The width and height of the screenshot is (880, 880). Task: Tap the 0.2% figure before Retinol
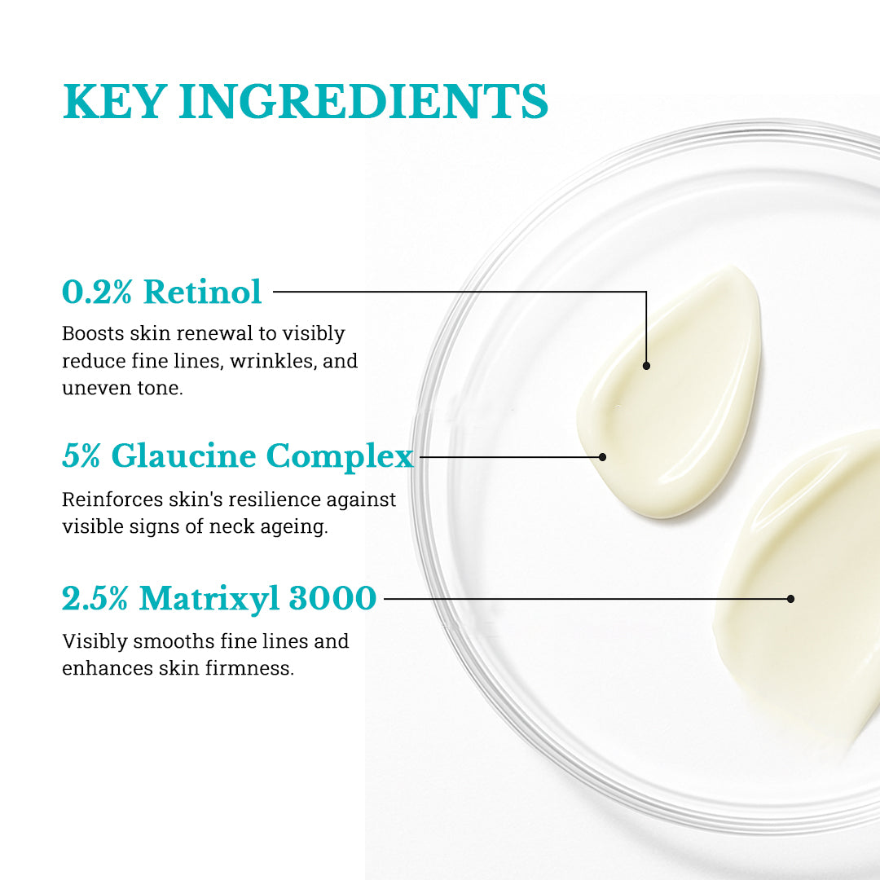[x=97, y=292]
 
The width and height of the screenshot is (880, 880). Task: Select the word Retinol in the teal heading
[x=203, y=292]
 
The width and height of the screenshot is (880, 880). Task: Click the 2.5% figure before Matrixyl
[x=95, y=599]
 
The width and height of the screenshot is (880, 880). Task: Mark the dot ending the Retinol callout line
[x=646, y=366]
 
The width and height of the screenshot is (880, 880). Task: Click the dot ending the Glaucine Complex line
[x=602, y=457]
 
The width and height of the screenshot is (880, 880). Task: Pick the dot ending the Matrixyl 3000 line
[x=790, y=599]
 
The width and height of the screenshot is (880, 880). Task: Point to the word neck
[x=232, y=526]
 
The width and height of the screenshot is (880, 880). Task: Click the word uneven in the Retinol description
[x=93, y=388]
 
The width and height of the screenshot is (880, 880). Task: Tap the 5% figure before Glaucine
[x=81, y=455]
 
